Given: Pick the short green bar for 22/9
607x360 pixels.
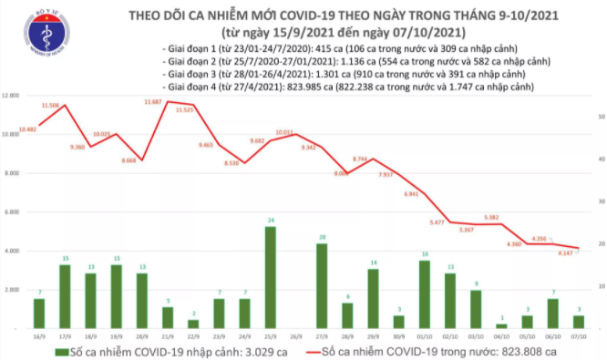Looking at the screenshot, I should [x=193, y=323].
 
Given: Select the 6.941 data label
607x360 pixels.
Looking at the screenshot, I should [x=410, y=194].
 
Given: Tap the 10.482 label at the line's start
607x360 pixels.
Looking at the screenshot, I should [x=27, y=129].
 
